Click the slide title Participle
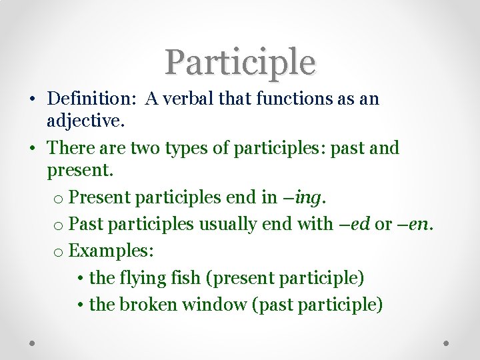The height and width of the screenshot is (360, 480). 240,62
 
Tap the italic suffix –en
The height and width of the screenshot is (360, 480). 414,225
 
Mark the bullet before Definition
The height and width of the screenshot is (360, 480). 32,100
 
